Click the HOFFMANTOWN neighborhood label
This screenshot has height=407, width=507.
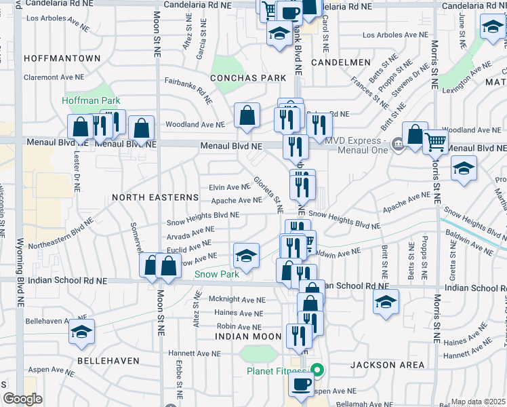point(62,59)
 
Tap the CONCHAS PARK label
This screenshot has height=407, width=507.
point(248,78)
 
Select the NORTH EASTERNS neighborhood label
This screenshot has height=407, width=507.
point(155,197)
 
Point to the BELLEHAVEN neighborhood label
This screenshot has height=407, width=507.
point(108,361)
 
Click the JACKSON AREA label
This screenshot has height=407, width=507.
point(388,365)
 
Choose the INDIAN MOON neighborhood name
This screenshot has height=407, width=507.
point(248,336)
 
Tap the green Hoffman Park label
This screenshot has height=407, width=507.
point(91,100)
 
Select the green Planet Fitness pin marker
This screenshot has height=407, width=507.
point(316,371)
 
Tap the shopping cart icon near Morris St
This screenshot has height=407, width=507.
point(436,142)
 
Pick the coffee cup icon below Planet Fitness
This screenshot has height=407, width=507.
point(301,384)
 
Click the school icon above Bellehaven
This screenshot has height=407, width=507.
point(81,331)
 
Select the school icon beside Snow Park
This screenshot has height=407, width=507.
point(246,256)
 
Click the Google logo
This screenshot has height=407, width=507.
point(22,400)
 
